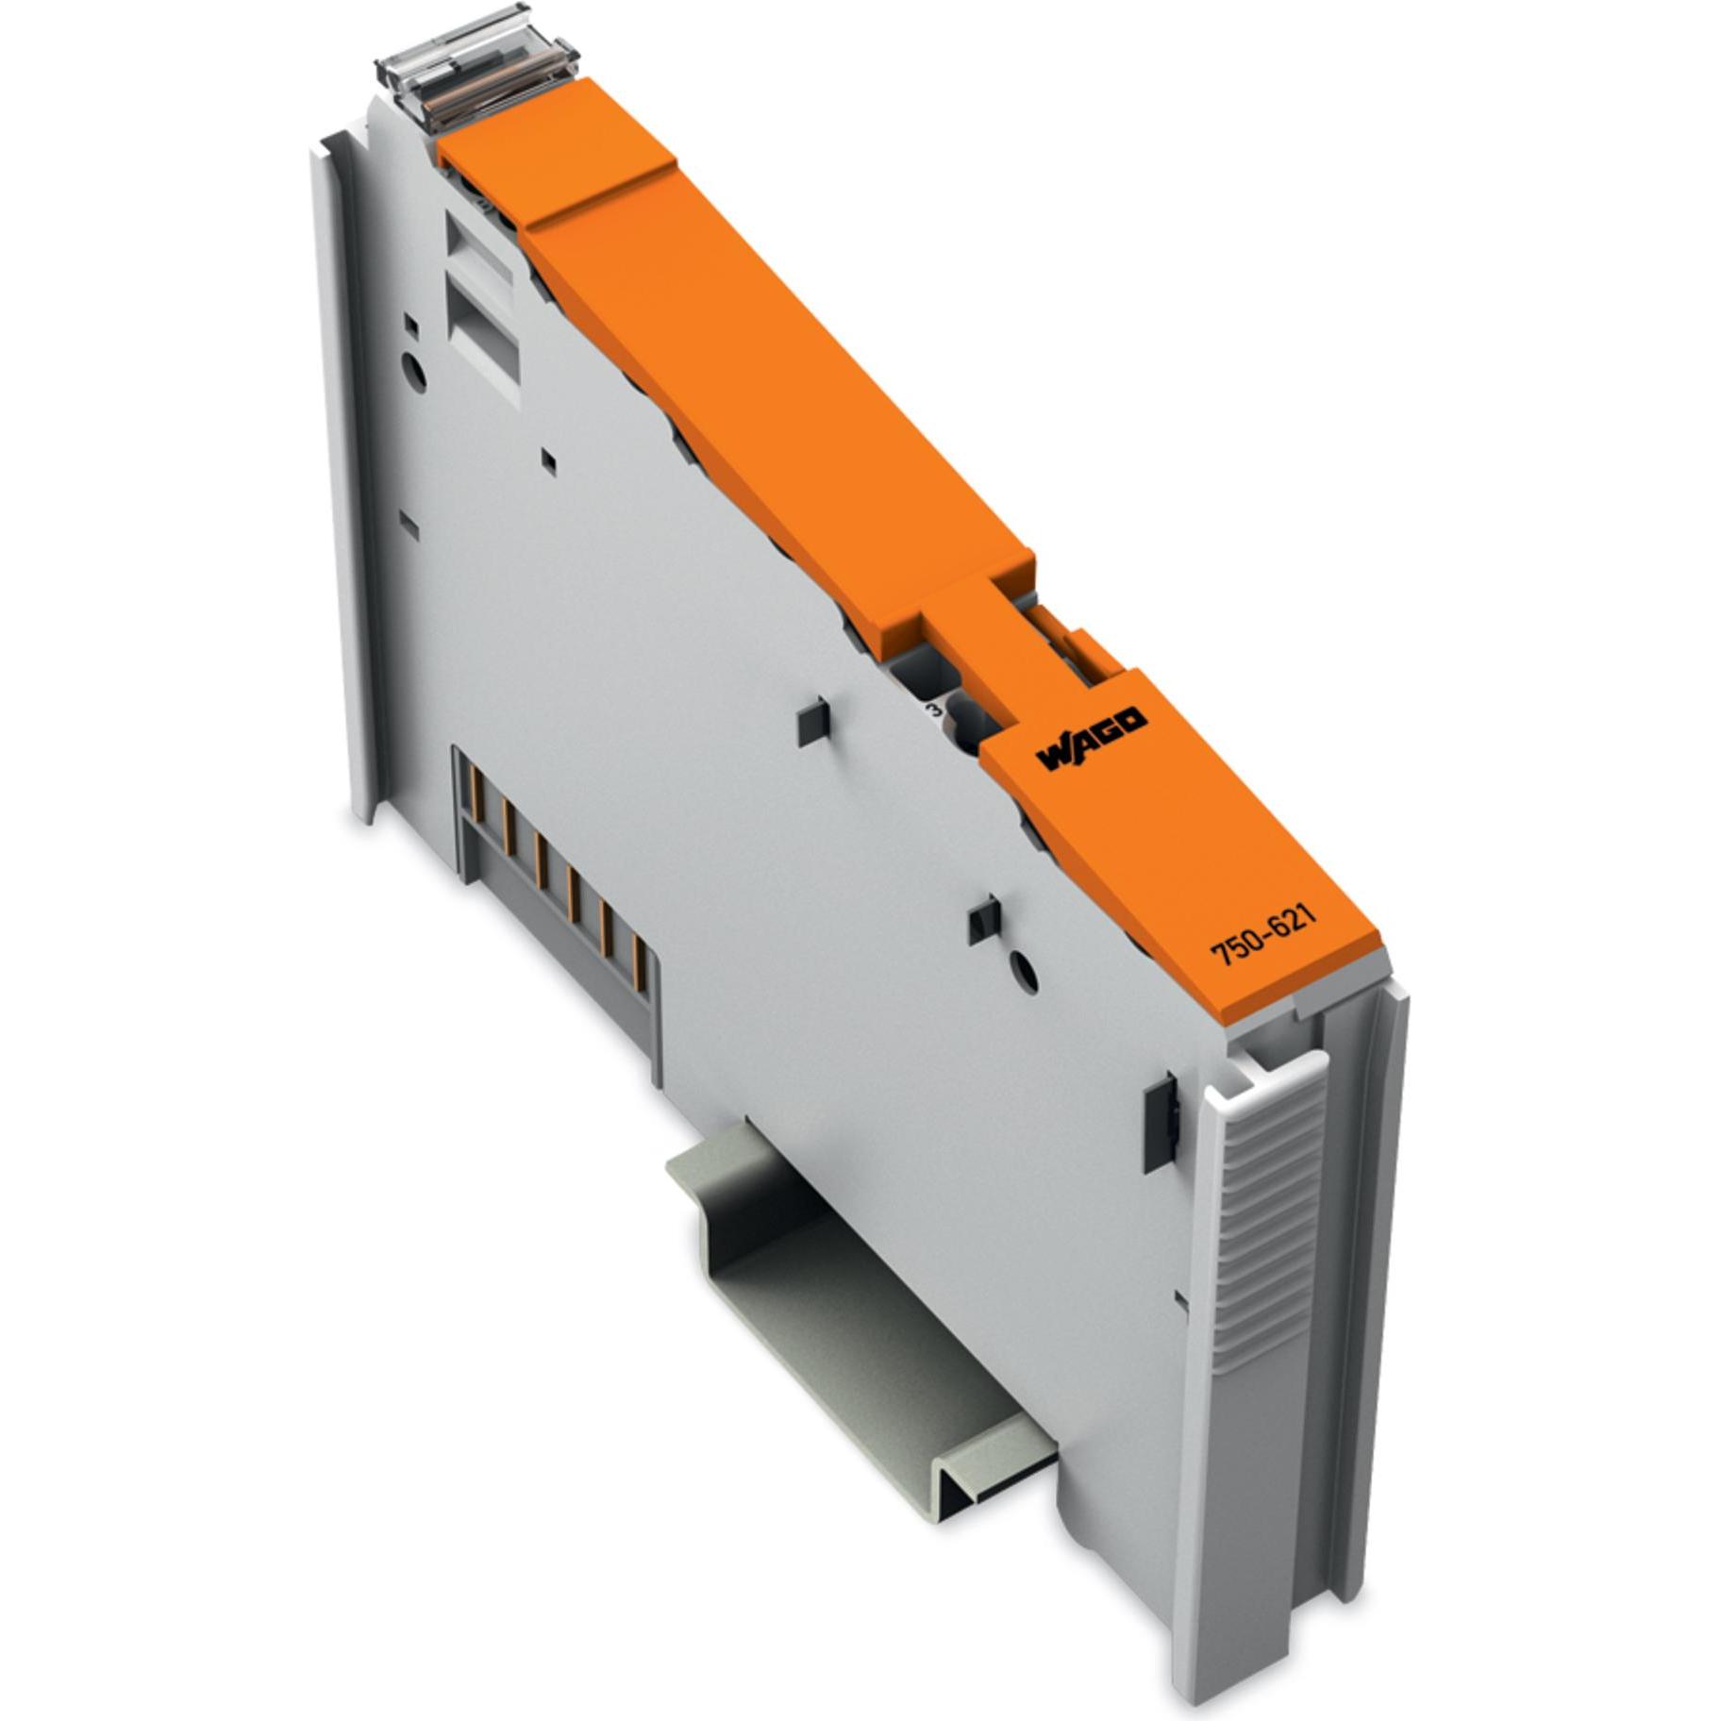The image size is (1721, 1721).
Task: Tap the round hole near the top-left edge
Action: (x=414, y=371)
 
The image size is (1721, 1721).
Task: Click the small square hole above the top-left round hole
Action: (x=410, y=326)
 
